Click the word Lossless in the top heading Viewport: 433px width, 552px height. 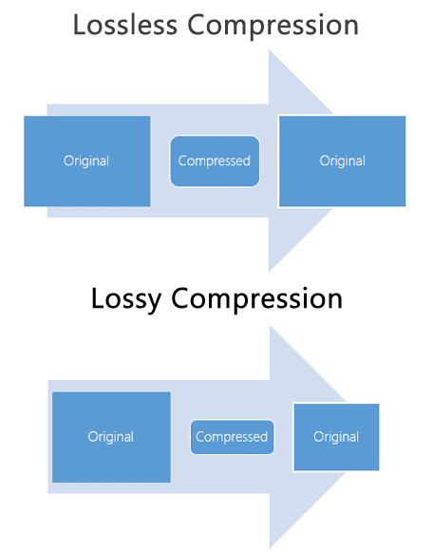point(125,25)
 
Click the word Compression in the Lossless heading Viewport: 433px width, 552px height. point(273,26)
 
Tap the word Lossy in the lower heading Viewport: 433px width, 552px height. point(126,299)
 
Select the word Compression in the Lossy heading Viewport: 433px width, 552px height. point(256,299)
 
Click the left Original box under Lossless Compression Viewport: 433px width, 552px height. point(87,162)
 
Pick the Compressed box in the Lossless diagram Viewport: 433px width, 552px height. point(215,162)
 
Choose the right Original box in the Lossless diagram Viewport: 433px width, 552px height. point(342,162)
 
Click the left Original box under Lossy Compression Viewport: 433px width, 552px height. point(111,437)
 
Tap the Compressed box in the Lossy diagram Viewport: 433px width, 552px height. point(232,437)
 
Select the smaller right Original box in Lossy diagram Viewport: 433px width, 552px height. point(336,437)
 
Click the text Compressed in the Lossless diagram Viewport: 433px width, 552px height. point(215,162)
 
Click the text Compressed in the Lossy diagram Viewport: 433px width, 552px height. point(232,437)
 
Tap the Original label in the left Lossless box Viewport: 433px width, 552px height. point(86,162)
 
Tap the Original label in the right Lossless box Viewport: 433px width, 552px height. point(343,162)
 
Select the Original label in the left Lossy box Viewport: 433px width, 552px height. point(111,437)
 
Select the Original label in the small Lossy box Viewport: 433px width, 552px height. point(336,437)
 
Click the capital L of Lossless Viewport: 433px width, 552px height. point(79,25)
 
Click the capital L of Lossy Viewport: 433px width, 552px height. point(98,298)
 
